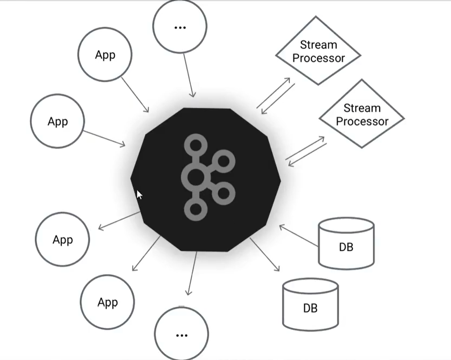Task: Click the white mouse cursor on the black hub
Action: [x=139, y=195]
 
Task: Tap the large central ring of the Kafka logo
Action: [x=195, y=177]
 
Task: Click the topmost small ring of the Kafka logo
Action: [x=195, y=145]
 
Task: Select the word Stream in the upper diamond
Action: [x=318, y=45]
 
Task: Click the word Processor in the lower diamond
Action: [x=362, y=121]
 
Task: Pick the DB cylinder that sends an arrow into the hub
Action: [x=346, y=243]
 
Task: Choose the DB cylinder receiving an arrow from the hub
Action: [x=310, y=304]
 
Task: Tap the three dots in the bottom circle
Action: [x=181, y=335]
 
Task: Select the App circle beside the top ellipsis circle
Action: [x=105, y=55]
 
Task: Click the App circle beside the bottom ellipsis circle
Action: [x=107, y=302]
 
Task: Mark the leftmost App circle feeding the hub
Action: [x=57, y=121]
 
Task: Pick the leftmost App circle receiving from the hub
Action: [x=62, y=240]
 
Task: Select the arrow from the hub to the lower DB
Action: [x=264, y=254]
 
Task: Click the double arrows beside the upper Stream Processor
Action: [x=275, y=96]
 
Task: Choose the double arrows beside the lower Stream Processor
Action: [x=306, y=151]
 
